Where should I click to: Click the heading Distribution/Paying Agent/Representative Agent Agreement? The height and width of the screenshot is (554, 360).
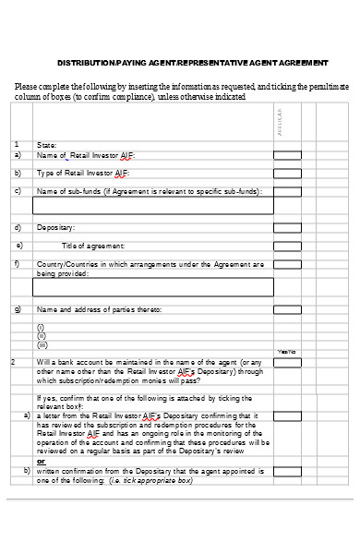(193, 63)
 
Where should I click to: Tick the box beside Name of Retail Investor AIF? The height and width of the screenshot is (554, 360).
(286, 156)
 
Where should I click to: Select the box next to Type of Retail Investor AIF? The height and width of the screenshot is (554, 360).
(286, 174)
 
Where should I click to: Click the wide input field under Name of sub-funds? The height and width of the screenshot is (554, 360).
(153, 205)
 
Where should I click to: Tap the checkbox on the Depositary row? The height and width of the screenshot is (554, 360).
(286, 227)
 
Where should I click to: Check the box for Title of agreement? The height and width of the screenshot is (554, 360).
(286, 247)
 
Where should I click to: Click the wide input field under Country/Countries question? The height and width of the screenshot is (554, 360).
(153, 287)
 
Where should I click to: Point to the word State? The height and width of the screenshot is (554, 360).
(46, 146)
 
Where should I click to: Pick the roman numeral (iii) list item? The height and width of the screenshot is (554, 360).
(41, 343)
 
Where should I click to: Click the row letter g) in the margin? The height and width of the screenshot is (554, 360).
(18, 308)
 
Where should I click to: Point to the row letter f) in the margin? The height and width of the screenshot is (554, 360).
(18, 264)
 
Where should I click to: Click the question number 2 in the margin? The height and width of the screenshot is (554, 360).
(13, 361)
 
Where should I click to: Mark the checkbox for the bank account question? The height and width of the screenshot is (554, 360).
(286, 363)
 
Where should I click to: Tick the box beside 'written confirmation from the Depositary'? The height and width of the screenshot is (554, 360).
(286, 471)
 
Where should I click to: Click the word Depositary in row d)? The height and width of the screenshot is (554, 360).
(55, 227)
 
